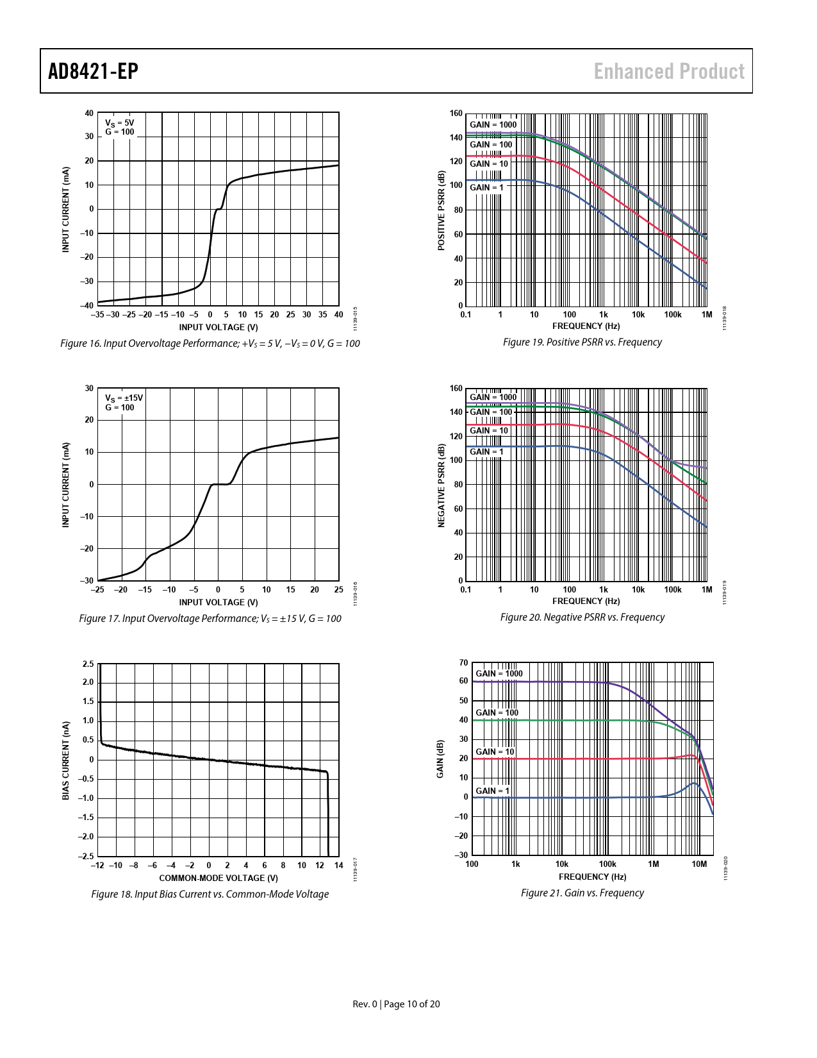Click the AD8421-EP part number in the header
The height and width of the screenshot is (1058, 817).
click(x=93, y=71)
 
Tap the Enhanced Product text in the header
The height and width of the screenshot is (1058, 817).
click(x=669, y=71)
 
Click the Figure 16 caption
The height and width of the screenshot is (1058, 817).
click(x=210, y=344)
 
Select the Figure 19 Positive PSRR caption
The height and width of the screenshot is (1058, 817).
click(x=582, y=342)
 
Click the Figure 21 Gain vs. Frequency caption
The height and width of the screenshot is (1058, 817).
click(x=582, y=893)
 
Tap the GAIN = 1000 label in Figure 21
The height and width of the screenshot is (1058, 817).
click(x=499, y=673)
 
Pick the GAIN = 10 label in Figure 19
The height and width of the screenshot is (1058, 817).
click(x=488, y=164)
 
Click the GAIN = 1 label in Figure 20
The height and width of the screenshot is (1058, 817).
click(x=486, y=452)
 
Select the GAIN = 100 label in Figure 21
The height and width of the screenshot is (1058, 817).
click(x=497, y=712)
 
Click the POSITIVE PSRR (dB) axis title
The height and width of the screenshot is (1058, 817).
click(x=441, y=211)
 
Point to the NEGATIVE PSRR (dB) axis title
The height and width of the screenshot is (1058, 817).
click(x=441, y=485)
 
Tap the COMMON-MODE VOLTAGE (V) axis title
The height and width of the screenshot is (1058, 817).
click(x=219, y=878)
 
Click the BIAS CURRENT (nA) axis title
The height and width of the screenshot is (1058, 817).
click(x=65, y=760)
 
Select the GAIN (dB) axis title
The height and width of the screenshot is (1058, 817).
click(x=440, y=759)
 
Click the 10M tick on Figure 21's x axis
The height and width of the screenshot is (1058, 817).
click(x=699, y=864)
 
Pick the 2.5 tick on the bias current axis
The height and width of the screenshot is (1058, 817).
click(x=88, y=664)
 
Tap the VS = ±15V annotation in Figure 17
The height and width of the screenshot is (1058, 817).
click(x=124, y=398)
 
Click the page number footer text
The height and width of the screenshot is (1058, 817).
click(x=397, y=1004)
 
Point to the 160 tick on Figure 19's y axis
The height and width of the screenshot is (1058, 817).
click(x=456, y=113)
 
